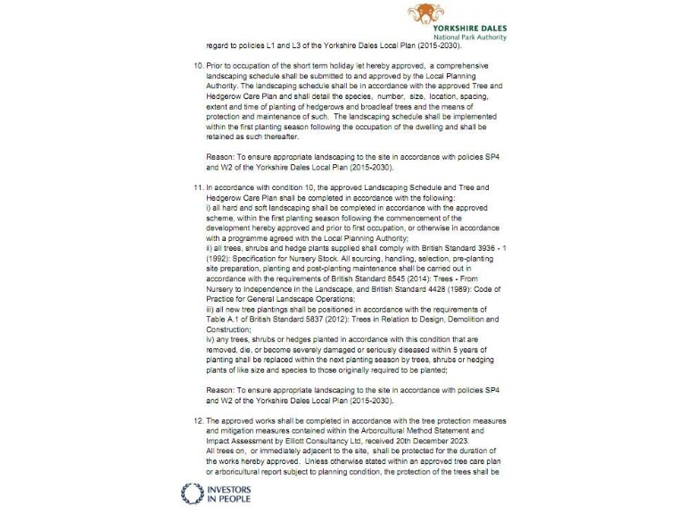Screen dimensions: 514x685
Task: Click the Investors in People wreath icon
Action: click(193, 493)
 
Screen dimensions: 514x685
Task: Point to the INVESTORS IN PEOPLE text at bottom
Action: click(228, 493)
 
